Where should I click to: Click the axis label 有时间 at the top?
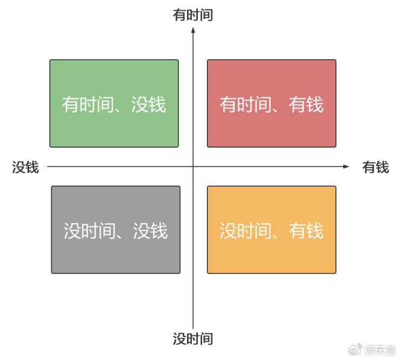[x=193, y=15]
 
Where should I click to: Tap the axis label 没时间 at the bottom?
[x=193, y=339]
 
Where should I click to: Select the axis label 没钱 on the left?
[x=25, y=167]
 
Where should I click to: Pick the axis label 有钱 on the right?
[x=375, y=167]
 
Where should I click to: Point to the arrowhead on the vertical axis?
[x=193, y=30]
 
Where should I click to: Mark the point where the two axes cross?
[x=193, y=166]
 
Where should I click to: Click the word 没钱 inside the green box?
[x=148, y=105]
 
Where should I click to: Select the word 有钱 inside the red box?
[x=306, y=105]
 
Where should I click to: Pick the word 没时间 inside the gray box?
[x=89, y=231]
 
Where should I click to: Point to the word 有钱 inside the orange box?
[x=306, y=231]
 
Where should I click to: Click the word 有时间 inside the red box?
[x=244, y=105]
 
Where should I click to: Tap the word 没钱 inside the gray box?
[x=150, y=231]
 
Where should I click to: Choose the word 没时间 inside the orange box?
[x=244, y=231]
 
